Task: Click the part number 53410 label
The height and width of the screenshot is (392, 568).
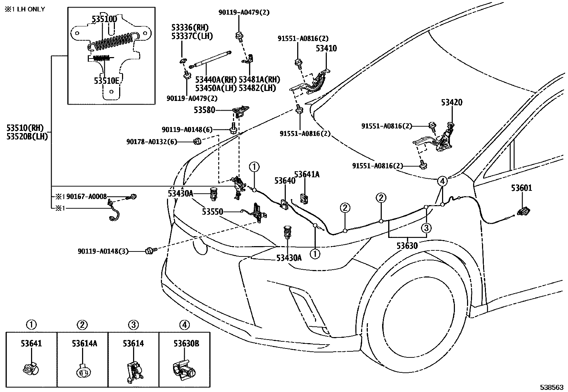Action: (x=326, y=49)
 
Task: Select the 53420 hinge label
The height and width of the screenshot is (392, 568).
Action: (x=451, y=103)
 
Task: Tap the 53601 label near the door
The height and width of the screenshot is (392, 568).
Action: (x=521, y=188)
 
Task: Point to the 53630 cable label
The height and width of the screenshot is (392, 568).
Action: (x=407, y=245)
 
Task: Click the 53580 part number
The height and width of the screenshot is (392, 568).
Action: (x=204, y=110)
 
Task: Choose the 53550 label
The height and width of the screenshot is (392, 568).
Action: (x=213, y=212)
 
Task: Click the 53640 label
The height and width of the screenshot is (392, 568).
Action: (x=285, y=181)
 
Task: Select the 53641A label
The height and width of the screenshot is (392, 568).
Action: (x=306, y=174)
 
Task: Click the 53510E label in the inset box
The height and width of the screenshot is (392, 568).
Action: (x=106, y=81)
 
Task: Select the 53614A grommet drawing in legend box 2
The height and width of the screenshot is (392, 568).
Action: (x=82, y=373)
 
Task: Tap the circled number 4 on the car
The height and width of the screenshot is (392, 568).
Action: (x=442, y=181)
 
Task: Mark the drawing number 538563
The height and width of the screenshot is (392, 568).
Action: (x=551, y=387)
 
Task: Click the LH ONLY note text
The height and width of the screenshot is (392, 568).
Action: (x=25, y=9)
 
